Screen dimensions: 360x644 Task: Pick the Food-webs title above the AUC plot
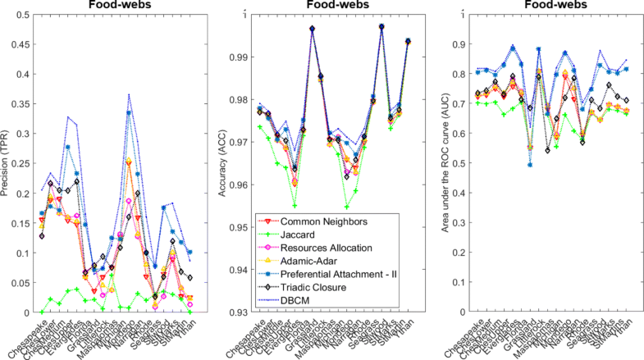(x=549, y=6)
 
